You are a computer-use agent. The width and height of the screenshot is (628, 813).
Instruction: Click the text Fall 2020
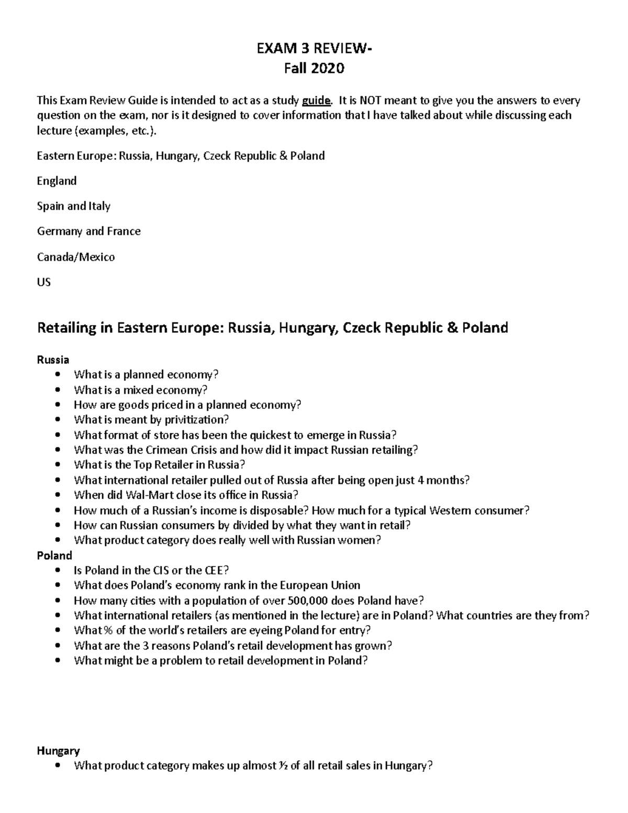coord(314,69)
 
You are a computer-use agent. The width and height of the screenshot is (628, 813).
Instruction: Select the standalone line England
coord(57,181)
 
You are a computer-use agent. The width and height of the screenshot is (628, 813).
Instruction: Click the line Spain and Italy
coord(73,206)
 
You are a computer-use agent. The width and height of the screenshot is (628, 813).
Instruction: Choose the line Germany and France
coord(88,231)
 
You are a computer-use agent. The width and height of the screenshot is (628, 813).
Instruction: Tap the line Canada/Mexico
coord(75,257)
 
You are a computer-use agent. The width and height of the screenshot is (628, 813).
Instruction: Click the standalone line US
coord(43,282)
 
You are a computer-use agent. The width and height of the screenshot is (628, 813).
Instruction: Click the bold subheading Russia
coord(53,360)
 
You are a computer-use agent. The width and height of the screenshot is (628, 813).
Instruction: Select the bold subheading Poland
coord(54,555)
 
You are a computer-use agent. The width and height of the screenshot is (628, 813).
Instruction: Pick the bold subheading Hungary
coord(58,751)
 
